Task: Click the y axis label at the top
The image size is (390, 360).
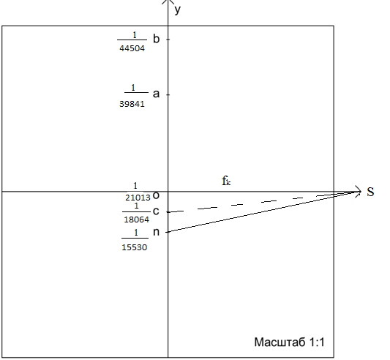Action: pos(177,10)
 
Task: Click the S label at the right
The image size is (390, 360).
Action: pos(370,192)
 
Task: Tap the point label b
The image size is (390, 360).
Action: pos(156,39)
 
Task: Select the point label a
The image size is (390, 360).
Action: pos(156,94)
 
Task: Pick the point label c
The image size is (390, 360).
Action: pos(156,211)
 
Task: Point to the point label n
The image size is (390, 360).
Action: pos(156,232)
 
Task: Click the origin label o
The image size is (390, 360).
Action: pos(156,195)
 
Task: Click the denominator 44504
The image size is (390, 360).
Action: pos(132,48)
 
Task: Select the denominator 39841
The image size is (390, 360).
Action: pos(132,104)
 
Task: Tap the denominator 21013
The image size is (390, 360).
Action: pos(138,198)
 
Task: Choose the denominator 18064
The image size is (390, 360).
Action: pos(137,220)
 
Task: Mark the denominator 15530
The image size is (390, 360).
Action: pos(135,247)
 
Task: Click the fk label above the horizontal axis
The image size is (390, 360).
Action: pos(226,181)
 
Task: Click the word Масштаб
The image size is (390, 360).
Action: pos(280,342)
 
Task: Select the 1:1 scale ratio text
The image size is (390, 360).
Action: pos(317,342)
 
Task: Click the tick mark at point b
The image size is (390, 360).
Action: pos(168,40)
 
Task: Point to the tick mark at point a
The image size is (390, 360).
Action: pos(168,95)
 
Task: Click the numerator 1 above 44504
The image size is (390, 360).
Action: pos(135,35)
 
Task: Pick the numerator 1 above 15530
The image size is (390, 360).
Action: pos(136,233)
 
